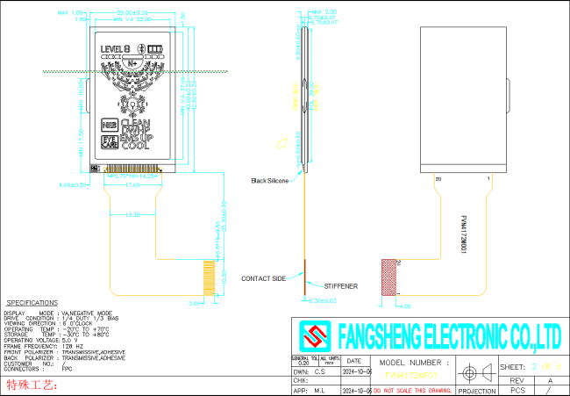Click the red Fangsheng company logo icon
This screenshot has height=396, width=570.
(310, 335)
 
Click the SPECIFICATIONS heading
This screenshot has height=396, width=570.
(32, 302)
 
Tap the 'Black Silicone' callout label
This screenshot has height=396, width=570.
(269, 180)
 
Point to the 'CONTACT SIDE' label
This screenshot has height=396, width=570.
(265, 278)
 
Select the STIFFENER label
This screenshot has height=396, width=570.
(340, 286)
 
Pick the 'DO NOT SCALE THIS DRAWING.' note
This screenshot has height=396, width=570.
(413, 390)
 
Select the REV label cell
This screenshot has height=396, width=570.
(517, 380)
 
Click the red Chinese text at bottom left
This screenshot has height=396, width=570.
(32, 385)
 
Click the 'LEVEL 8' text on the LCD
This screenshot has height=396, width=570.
(117, 48)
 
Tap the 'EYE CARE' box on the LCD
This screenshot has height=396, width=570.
(110, 140)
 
